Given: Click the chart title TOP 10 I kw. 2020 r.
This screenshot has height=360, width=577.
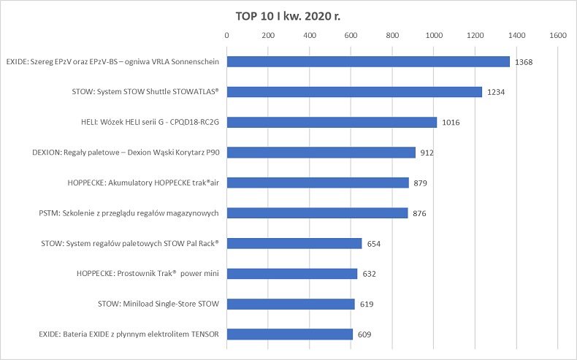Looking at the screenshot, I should click(x=288, y=15).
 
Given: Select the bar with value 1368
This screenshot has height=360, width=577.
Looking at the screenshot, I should click(x=368, y=62).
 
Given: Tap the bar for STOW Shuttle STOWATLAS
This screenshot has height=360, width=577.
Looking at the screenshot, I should click(x=354, y=92).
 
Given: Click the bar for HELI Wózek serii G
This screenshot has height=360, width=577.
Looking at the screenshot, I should click(x=332, y=123).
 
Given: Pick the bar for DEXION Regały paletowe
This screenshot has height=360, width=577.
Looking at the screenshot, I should click(x=321, y=153).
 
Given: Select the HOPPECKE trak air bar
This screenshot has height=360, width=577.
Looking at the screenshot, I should click(x=318, y=183).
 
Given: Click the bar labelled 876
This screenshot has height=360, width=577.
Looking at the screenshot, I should click(x=317, y=213).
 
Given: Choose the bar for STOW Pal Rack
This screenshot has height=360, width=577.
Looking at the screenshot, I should click(x=294, y=243).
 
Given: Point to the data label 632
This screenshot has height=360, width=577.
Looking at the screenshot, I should click(x=370, y=274).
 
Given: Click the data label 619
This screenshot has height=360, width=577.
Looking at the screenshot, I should click(x=367, y=305).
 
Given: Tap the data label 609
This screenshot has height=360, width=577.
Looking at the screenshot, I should click(x=366, y=334).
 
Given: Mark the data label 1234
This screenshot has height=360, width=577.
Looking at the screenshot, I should click(x=497, y=92).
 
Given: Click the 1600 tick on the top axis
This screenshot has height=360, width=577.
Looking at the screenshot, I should click(x=559, y=35).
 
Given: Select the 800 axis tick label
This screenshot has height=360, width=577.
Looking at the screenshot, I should click(x=393, y=35).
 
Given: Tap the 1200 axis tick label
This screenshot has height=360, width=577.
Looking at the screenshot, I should click(x=475, y=35).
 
